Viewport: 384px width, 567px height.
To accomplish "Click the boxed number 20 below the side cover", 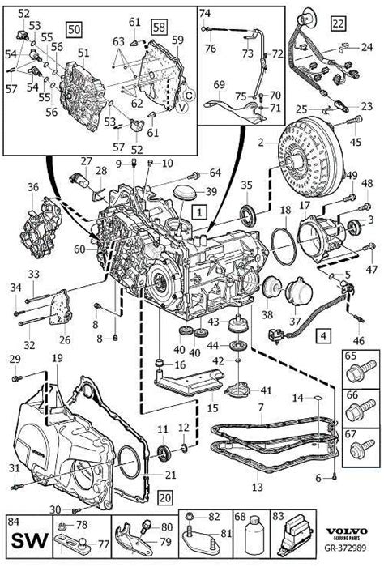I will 165,497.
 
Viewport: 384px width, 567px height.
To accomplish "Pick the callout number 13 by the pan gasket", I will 256,487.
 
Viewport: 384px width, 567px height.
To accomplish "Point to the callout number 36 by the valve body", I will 32,188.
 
